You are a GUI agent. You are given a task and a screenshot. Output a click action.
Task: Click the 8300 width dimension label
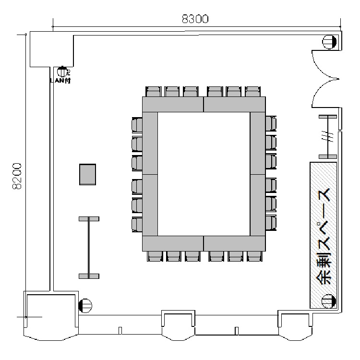pyautogui.click(x=195, y=19)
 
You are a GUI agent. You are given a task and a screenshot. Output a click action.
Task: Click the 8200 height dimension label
pyautogui.click(x=17, y=176)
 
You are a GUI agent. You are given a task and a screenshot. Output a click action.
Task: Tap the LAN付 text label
pyautogui.click(x=60, y=81)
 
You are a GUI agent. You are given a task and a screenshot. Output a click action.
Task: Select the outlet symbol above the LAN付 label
pyautogui.click(x=62, y=72)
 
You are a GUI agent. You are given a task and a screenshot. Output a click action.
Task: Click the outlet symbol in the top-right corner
pyautogui.click(x=329, y=42)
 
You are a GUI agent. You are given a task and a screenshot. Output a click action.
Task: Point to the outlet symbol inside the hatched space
pyautogui.click(x=328, y=301)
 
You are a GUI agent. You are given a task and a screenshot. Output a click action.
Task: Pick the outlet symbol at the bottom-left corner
pyautogui.click(x=85, y=306)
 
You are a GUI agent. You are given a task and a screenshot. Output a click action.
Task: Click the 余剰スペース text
pyautogui.click(x=323, y=237)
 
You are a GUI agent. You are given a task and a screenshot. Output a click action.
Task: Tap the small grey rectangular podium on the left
pyautogui.click(x=87, y=174)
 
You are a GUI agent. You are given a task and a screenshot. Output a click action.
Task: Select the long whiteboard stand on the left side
pyautogui.click(x=89, y=248)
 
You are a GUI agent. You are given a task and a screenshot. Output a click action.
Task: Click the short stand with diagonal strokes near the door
pyautogui.click(x=328, y=137)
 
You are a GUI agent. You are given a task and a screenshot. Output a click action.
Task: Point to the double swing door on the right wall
pyautogui.click(x=325, y=79)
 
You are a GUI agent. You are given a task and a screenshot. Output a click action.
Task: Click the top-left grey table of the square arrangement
pyautogui.click(x=173, y=104)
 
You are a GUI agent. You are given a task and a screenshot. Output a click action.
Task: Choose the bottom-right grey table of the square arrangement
pyautogui.click(x=234, y=243)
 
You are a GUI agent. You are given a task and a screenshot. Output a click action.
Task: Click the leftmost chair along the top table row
pyautogui.click(x=154, y=92)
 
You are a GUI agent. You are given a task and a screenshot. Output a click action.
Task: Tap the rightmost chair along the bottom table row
pyautogui.click(x=254, y=256)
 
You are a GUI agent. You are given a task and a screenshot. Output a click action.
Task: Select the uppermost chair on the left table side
pyautogui.click(x=137, y=125)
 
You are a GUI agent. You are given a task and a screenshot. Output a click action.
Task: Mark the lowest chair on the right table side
pyautogui.click(x=271, y=223)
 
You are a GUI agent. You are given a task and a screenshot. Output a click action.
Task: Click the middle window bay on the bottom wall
pyautogui.click(x=179, y=325)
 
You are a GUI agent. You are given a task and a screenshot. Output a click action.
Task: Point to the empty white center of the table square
pyautogui.click(x=204, y=174)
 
